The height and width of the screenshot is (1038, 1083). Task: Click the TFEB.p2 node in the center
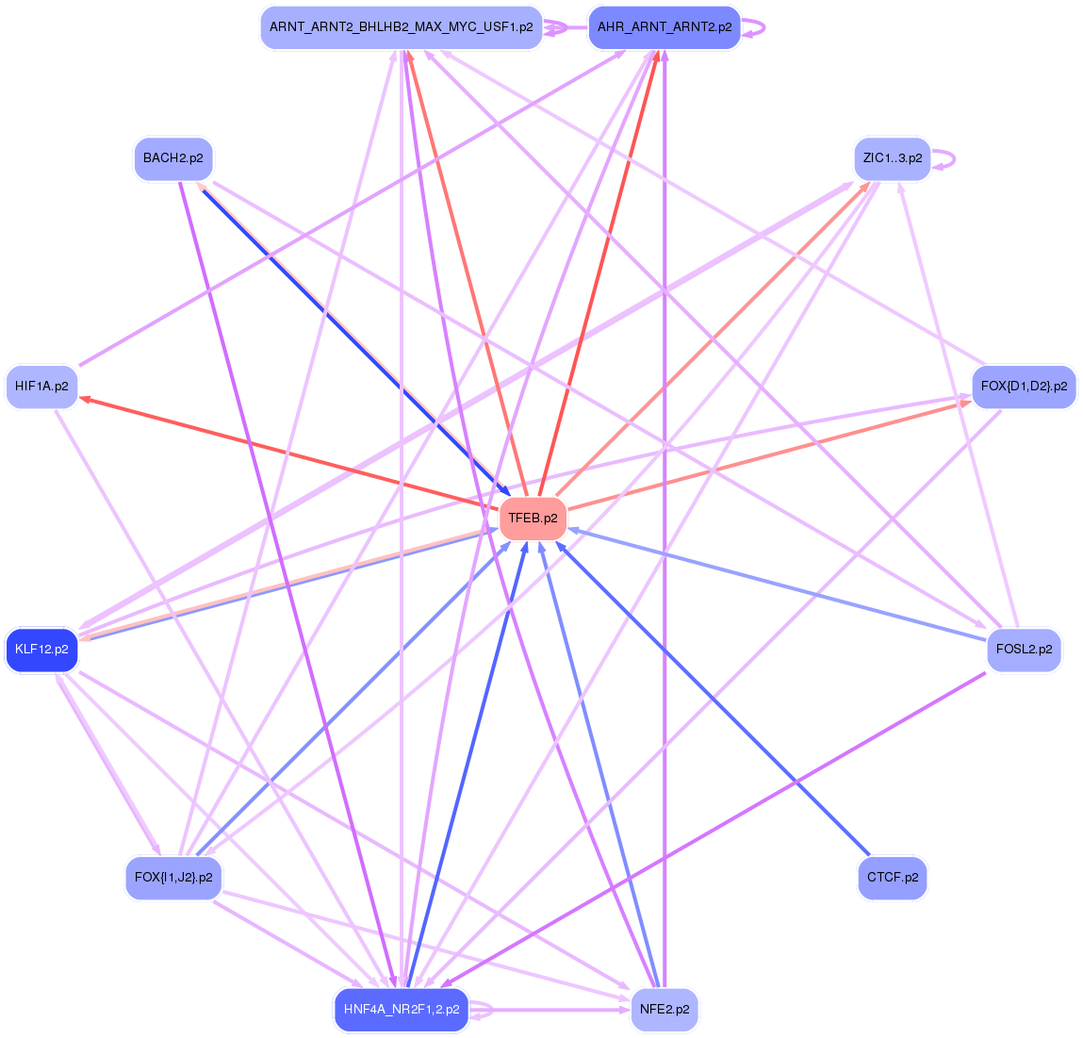point(533,518)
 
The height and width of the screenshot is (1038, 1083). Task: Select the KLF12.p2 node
point(41,650)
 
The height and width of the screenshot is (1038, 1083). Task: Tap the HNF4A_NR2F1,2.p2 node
point(402,1010)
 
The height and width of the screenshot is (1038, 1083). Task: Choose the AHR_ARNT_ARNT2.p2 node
point(664,27)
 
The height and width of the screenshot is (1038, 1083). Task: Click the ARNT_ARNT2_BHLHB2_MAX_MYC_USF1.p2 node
point(401,27)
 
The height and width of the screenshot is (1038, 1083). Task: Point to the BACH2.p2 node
point(173,157)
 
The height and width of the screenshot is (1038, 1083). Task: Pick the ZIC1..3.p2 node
point(892,157)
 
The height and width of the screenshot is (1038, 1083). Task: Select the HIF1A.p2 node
point(41,387)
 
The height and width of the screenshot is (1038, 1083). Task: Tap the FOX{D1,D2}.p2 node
point(1024,387)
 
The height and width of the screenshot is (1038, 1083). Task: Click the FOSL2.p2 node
point(1024,650)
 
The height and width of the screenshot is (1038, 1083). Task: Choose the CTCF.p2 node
point(892,878)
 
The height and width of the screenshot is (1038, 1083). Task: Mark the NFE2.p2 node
point(664,1010)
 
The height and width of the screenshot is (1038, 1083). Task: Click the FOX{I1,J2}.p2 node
point(173,878)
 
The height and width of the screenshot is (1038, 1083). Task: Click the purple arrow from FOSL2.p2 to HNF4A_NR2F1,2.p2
point(716,827)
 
